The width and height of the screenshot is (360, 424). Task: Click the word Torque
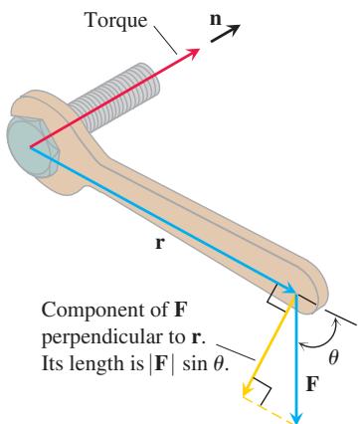[x=116, y=22]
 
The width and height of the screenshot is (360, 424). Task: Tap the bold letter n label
[x=216, y=19]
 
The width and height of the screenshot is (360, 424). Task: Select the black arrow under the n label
[x=225, y=34]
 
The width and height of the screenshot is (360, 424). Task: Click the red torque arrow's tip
[x=200, y=49]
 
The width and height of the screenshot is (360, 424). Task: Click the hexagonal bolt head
[x=32, y=147]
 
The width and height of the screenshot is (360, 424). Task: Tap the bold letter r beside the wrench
[x=159, y=243]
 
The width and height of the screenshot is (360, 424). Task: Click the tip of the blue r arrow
[x=294, y=293]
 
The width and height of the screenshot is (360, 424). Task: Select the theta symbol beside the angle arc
[x=333, y=357]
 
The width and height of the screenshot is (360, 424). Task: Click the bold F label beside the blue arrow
[x=312, y=384]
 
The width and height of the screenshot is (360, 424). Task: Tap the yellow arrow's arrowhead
[x=247, y=390]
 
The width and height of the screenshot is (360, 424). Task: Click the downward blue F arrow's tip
[x=297, y=421]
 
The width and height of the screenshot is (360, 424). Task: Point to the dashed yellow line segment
[x=270, y=409]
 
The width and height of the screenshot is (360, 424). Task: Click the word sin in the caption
[x=195, y=363]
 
